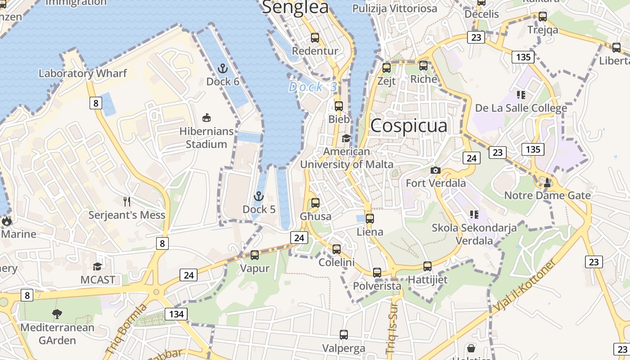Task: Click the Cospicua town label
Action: (409, 126)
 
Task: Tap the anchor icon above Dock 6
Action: (223, 69)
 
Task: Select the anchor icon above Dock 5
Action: (258, 196)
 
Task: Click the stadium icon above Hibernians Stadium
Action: (207, 118)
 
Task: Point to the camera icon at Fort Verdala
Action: (435, 170)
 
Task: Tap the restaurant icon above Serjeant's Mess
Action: (127, 201)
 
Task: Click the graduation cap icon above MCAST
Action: (98, 266)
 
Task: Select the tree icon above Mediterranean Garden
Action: (57, 314)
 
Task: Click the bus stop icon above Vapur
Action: (255, 255)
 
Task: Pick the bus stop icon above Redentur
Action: (315, 38)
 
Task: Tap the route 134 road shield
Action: (176, 314)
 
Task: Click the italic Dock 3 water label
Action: (312, 87)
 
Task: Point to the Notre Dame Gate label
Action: (547, 195)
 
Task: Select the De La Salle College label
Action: (521, 108)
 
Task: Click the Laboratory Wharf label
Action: (83, 73)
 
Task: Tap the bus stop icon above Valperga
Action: (344, 335)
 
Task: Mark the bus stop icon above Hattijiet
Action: (427, 266)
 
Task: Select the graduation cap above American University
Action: (346, 138)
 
